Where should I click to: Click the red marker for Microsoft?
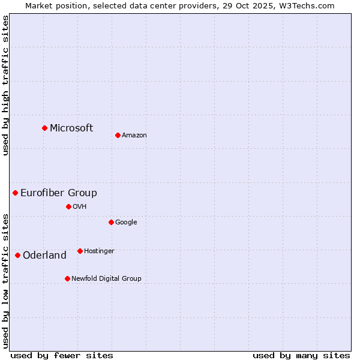[44, 128]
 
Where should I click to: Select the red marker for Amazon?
[118, 135]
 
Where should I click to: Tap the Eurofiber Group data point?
[16, 193]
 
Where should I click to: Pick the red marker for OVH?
[68, 206]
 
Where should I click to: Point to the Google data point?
[111, 222]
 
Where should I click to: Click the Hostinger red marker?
[80, 251]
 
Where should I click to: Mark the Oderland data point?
[18, 255]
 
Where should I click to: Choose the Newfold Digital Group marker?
[67, 278]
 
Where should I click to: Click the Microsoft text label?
[71, 128]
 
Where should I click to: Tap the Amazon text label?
[134, 136]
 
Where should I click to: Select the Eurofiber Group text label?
[59, 193]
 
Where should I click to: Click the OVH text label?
[80, 207]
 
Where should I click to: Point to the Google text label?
[126, 223]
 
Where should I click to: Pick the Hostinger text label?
[99, 251]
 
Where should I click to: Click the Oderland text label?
[44, 256]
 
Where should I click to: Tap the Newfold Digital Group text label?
[106, 279]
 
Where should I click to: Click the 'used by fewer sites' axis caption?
[62, 355]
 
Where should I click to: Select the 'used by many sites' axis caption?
[301, 355]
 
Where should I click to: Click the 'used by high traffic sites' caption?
[6, 85]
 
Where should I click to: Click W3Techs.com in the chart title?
[312, 5]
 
